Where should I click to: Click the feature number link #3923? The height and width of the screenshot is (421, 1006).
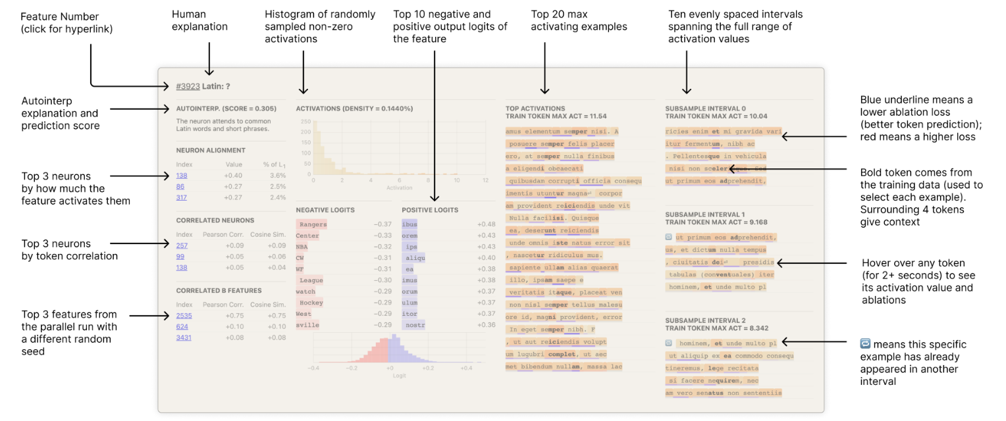pos(188,86)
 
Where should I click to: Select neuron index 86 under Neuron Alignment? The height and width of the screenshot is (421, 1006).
pos(180,186)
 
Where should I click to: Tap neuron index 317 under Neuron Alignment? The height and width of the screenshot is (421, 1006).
pos(182,197)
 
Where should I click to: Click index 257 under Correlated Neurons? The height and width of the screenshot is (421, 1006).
pos(182,245)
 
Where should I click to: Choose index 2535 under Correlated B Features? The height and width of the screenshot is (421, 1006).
pos(184,316)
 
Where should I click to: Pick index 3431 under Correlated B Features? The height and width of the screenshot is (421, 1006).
pos(184,337)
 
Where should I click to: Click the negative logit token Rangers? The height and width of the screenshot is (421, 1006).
pos(313,224)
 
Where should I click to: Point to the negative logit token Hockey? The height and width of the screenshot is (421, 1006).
pos(311,303)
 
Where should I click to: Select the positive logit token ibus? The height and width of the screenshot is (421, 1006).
pos(410,224)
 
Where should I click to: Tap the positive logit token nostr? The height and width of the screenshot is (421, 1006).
pos(415,325)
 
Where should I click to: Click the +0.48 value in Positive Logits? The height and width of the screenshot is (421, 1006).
pos(486,224)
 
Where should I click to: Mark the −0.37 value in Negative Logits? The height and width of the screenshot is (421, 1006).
pos(383,224)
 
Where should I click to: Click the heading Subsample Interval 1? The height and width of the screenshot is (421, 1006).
pos(705,214)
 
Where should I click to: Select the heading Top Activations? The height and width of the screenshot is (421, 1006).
pos(535,109)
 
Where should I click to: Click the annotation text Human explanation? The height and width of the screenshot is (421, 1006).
pos(199,20)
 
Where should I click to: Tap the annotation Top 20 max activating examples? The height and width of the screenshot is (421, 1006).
pos(579,20)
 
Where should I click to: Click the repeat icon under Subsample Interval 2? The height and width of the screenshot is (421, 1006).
pos(669,343)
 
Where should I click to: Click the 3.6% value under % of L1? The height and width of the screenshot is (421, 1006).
pos(278,176)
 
